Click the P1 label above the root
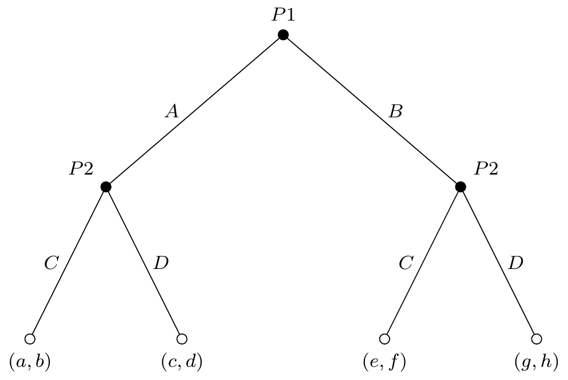[283, 15]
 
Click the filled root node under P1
[283, 35]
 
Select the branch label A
[172, 111]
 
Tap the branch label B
[395, 111]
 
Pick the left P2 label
[81, 168]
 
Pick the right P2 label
[486, 168]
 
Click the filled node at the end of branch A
[106, 187]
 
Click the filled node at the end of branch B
[460, 187]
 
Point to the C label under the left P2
[51, 263]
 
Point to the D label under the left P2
[161, 263]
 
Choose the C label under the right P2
[406, 263]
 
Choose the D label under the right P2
[516, 263]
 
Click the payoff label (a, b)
[30, 362]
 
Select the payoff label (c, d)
[182, 362]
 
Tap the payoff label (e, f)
[384, 362]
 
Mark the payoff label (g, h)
[537, 362]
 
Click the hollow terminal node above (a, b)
[30, 339]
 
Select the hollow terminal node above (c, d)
[182, 339]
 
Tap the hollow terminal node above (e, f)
[385, 339]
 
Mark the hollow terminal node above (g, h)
[537, 339]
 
